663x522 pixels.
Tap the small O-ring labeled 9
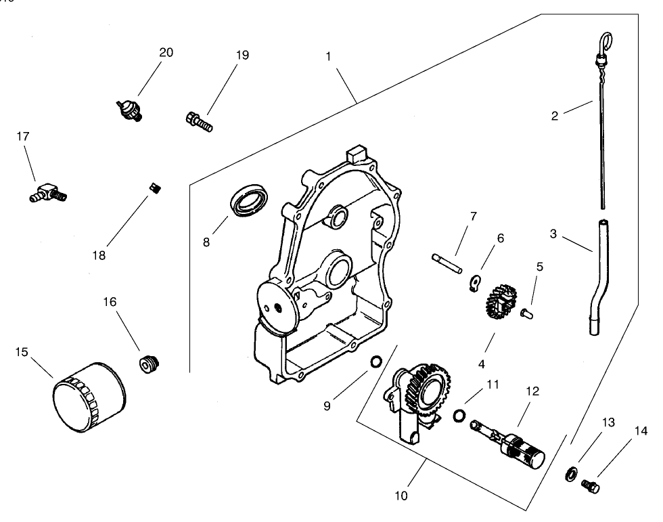click(x=373, y=364)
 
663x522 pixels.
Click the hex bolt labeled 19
click(x=198, y=122)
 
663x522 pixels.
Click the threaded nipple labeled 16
click(x=148, y=365)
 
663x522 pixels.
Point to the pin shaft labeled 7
click(x=447, y=263)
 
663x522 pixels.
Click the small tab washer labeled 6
click(x=476, y=280)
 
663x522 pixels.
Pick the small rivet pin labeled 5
click(x=528, y=313)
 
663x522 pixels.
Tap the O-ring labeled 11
click(x=459, y=414)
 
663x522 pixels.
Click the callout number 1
click(x=328, y=56)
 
